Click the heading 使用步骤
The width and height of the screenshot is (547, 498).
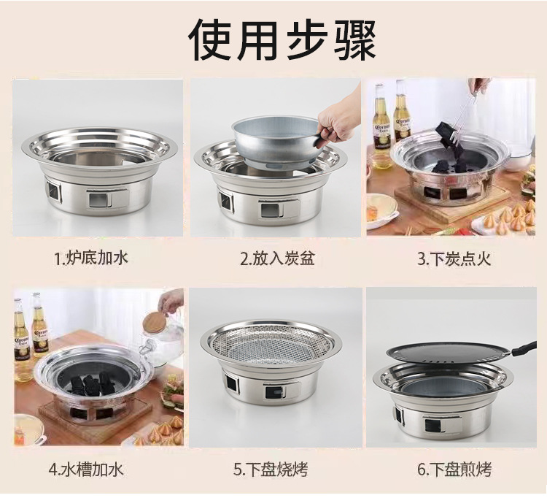point(282,39)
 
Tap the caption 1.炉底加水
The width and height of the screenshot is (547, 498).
point(91,258)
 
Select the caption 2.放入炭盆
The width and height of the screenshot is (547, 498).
point(277,258)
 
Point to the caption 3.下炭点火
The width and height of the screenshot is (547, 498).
point(454,259)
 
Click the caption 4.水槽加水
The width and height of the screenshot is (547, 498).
point(86,470)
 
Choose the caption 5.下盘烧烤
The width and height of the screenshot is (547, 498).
point(271,470)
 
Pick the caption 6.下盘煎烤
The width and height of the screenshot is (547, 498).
point(454,470)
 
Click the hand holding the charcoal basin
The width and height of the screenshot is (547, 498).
point(338,119)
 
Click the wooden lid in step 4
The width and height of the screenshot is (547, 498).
point(155,322)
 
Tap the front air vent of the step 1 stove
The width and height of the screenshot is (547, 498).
point(99,200)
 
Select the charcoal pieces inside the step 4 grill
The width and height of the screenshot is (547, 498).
point(93,383)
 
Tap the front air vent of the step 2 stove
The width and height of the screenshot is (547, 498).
point(271,210)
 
